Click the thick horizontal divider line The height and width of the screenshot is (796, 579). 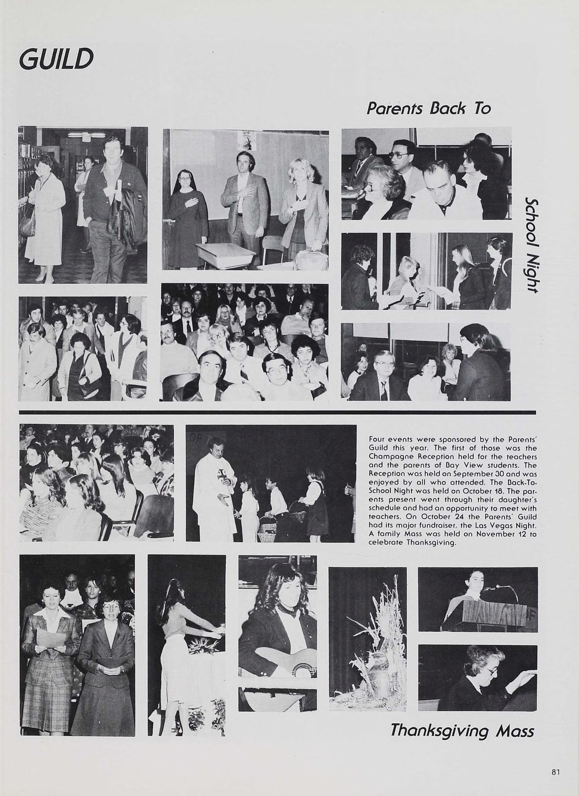(x=277, y=412)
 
